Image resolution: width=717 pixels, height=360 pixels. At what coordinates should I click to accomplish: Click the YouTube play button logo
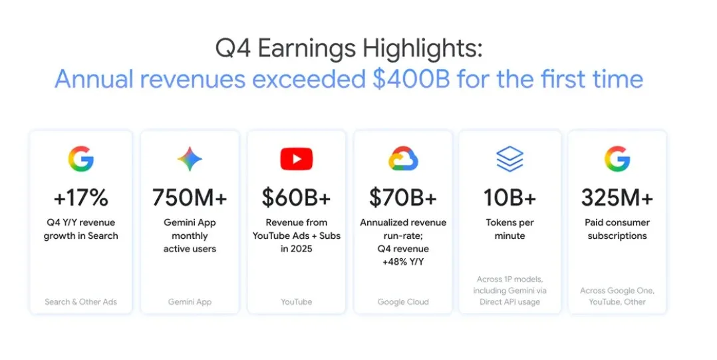pyautogui.click(x=296, y=159)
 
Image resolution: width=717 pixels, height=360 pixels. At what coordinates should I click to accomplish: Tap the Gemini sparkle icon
pyautogui.click(x=190, y=159)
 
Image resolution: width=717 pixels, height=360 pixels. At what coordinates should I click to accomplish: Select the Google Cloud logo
pyautogui.click(x=402, y=159)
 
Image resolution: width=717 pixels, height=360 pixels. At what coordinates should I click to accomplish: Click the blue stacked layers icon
pyautogui.click(x=509, y=159)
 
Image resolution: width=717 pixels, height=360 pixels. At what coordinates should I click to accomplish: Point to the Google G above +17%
pyautogui.click(x=80, y=159)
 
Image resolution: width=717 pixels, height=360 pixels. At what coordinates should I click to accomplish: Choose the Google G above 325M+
pyautogui.click(x=617, y=159)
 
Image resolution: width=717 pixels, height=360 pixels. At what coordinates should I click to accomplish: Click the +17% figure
pyautogui.click(x=80, y=198)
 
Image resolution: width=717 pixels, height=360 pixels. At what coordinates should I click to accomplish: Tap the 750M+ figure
pyautogui.click(x=190, y=198)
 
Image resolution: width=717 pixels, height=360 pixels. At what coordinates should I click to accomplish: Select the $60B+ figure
pyautogui.click(x=296, y=198)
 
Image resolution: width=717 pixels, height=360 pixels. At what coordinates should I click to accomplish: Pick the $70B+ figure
pyautogui.click(x=402, y=198)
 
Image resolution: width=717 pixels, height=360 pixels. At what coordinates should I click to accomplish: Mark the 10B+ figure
pyautogui.click(x=509, y=198)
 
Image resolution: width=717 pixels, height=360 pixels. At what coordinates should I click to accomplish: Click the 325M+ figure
pyautogui.click(x=617, y=198)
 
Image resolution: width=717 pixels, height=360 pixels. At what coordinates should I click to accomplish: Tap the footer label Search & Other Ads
pyautogui.click(x=80, y=301)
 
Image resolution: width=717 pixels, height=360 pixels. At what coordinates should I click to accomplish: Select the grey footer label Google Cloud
pyautogui.click(x=402, y=301)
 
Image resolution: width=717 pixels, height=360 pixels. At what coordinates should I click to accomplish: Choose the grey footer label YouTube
pyautogui.click(x=296, y=301)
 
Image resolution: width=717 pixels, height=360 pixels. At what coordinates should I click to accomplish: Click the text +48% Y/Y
pyautogui.click(x=402, y=262)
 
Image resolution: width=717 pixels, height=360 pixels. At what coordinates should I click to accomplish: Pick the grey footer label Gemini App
pyautogui.click(x=190, y=301)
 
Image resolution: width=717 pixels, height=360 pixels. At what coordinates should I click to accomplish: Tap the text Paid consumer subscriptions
pyautogui.click(x=617, y=229)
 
